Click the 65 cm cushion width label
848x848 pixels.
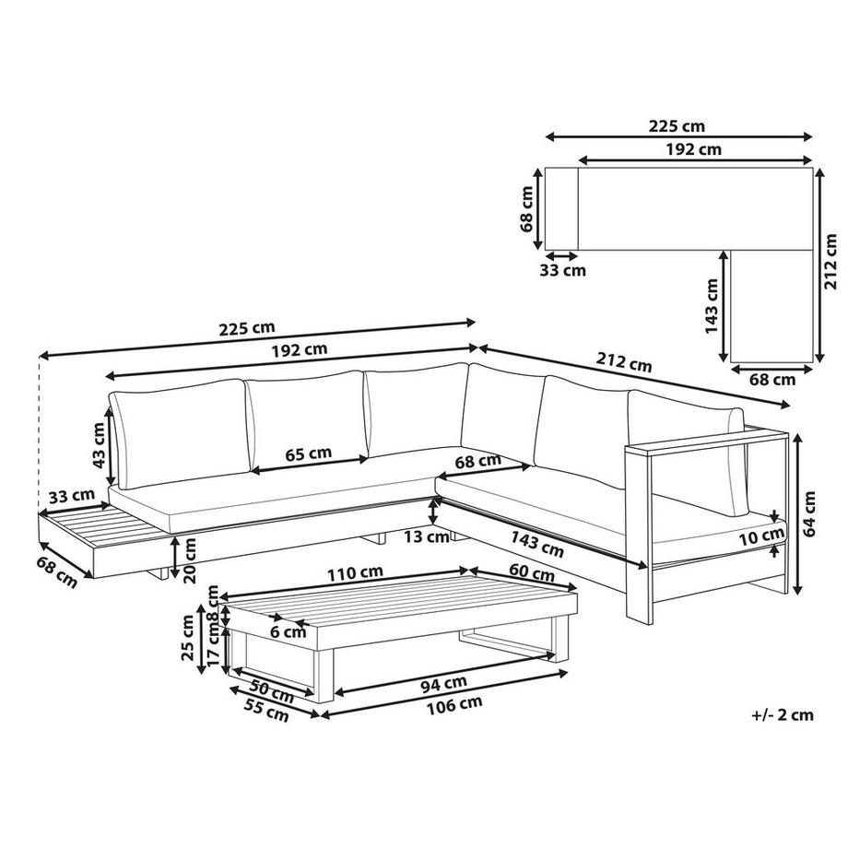[308, 453]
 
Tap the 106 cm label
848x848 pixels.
[455, 704]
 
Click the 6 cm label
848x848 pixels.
[289, 632]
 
